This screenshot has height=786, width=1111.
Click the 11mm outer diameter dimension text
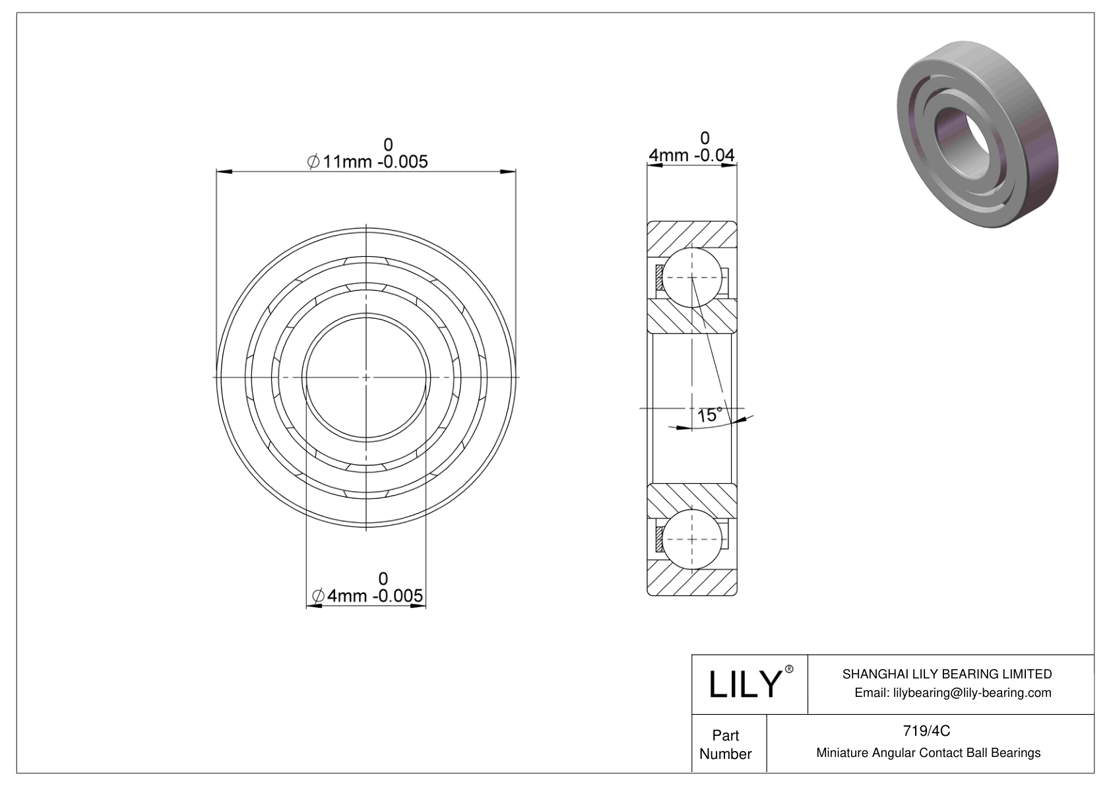click(x=367, y=160)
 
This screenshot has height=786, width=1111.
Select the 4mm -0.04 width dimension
click(x=691, y=155)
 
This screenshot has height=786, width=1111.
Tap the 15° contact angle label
click(x=709, y=415)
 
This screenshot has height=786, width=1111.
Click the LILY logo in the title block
click(x=744, y=684)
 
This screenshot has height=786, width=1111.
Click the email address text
click(x=952, y=692)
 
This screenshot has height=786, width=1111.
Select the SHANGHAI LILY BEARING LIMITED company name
click(x=947, y=674)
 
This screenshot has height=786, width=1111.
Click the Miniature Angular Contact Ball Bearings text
click(x=928, y=752)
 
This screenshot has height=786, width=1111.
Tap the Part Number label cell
click(x=726, y=744)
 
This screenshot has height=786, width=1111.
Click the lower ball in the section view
click(x=691, y=539)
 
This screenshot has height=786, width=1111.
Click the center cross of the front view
click(x=366, y=377)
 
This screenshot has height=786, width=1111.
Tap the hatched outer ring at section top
click(x=691, y=234)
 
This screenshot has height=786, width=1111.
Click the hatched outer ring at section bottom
click(x=691, y=579)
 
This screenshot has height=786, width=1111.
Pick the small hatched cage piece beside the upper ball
click(x=659, y=277)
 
